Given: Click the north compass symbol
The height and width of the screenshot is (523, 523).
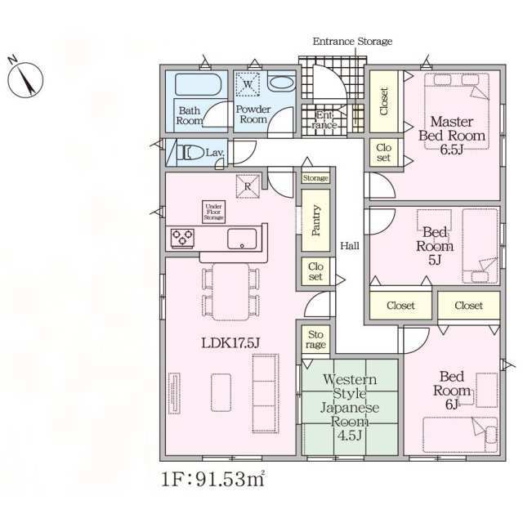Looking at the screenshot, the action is tap(25, 80).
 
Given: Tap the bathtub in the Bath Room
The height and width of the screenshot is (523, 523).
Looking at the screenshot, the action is tap(198, 84).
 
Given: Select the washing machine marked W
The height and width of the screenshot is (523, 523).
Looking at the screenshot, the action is tap(248, 84).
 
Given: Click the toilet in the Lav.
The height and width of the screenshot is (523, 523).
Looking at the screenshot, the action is tap(192, 154).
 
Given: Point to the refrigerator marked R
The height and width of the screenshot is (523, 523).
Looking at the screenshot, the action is tap(248, 186).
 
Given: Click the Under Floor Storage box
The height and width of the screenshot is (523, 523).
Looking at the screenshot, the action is tap(213, 212).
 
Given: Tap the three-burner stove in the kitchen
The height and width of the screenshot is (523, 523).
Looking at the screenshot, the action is tap(182, 238).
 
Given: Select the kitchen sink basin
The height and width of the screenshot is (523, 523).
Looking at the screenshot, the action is tap(242, 239).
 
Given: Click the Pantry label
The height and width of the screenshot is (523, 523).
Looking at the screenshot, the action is tap(316, 220).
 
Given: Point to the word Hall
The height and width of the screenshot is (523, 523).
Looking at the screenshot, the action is tap(350, 246).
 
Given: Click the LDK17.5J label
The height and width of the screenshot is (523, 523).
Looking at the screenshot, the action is tap(230, 343).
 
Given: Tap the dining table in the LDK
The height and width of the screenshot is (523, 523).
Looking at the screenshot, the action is tap(230, 292).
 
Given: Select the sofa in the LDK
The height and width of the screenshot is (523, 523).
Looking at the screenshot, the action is tap(266, 393).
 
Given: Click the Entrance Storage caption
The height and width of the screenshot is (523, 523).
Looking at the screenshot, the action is tap(352, 42).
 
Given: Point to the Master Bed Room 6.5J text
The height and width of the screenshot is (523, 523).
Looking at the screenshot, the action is tap(452, 136).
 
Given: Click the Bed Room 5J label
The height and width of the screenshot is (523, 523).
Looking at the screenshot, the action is tap(435, 246).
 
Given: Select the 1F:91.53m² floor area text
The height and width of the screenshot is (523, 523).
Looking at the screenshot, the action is tap(213, 479).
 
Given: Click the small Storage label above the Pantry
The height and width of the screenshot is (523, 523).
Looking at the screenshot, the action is tap(315, 178).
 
